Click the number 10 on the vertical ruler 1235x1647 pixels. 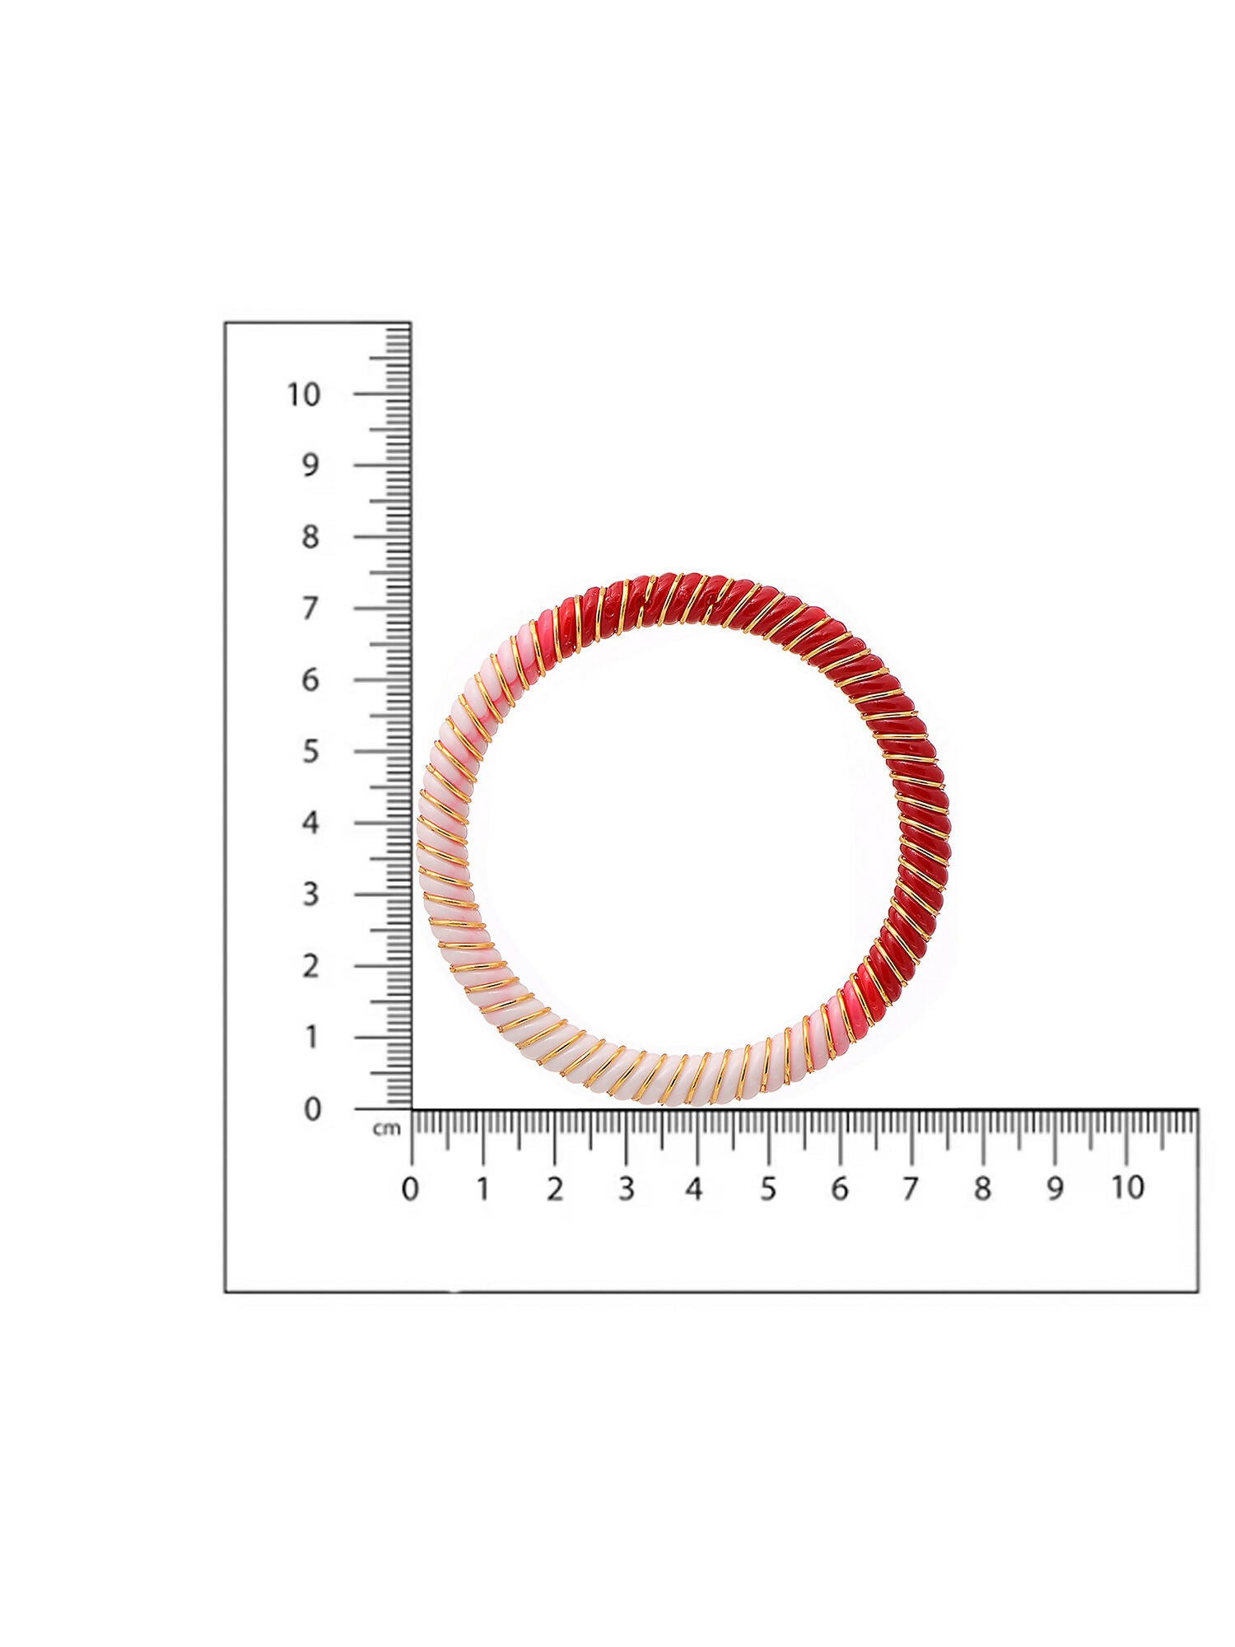[x=304, y=394]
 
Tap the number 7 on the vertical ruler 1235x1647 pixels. [x=310, y=609]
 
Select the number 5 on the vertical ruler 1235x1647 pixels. [x=310, y=752]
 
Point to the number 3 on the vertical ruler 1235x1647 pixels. [x=310, y=894]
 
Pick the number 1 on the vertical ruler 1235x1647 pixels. [x=311, y=1038]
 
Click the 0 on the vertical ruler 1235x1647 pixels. [x=311, y=1109]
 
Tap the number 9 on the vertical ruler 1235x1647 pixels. [x=310, y=466]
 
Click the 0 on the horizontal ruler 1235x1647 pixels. [x=410, y=1189]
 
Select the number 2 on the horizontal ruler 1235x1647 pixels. [x=554, y=1189]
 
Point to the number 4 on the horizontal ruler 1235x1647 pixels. [x=696, y=1189]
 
